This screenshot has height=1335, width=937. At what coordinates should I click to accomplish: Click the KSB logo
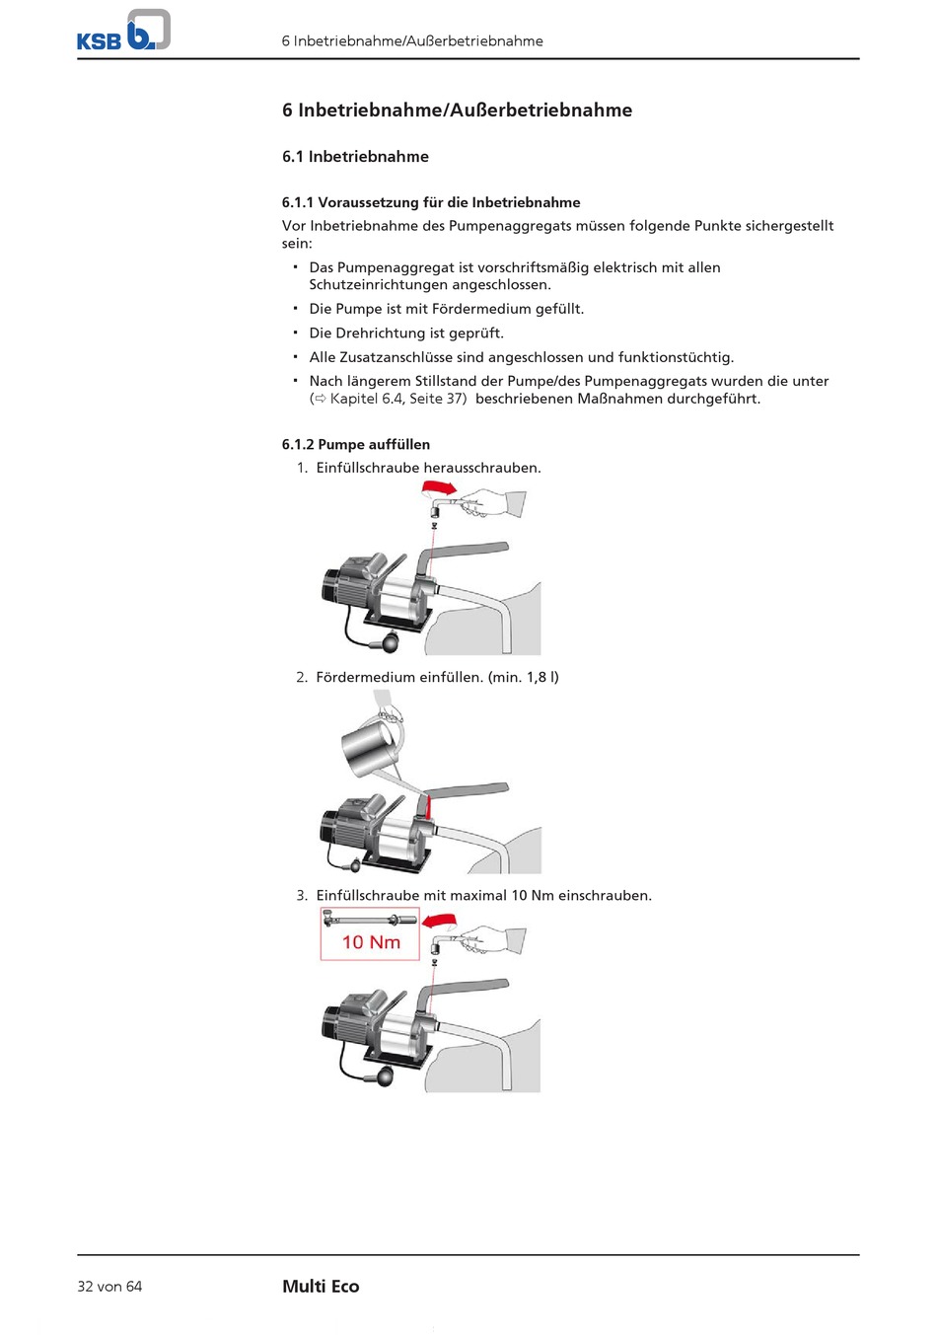pos(123,31)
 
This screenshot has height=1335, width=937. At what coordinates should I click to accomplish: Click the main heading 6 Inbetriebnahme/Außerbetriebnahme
pos(457,111)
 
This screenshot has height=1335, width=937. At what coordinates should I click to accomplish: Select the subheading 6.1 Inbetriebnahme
pos(355,157)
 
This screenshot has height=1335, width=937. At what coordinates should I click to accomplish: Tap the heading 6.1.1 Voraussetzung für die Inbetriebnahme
pos(431,202)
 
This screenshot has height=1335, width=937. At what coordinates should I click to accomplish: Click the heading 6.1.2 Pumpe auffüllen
pos(356,445)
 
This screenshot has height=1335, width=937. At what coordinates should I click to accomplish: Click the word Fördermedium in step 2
pos(365,678)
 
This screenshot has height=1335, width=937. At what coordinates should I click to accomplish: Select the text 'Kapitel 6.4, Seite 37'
pos(397,400)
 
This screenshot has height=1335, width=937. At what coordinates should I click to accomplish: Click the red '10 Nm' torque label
pos(371,942)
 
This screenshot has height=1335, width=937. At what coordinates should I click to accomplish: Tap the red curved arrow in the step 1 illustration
pos(438,487)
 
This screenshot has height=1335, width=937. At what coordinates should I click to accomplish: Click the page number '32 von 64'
pos(109,1287)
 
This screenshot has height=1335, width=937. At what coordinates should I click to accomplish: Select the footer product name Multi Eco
pos(321,1287)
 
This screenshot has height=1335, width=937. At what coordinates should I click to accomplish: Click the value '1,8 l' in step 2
pos(541,678)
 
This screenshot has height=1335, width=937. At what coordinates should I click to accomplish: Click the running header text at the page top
pos(412,41)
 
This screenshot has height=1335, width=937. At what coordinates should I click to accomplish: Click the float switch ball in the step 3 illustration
pos(382,1076)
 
